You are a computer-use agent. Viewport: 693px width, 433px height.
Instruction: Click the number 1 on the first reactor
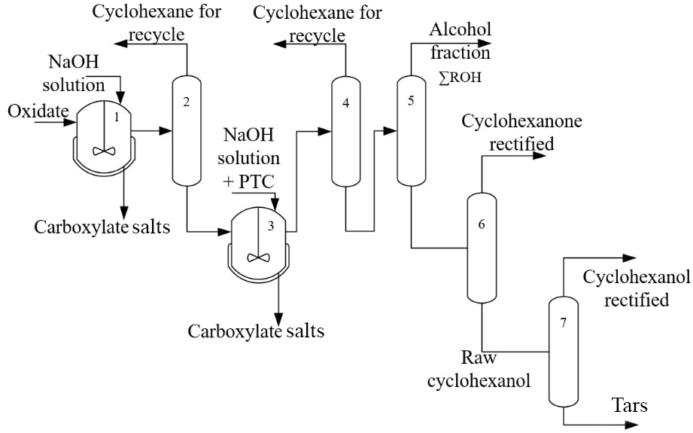pyautogui.click(x=117, y=117)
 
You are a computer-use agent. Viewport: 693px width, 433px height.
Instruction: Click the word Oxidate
pyautogui.click(x=38, y=112)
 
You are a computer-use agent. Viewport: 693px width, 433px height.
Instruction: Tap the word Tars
pyautogui.click(x=630, y=407)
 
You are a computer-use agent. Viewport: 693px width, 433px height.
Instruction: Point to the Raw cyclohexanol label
pyautogui.click(x=479, y=369)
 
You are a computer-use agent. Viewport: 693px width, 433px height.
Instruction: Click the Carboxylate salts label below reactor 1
pyautogui.click(x=102, y=227)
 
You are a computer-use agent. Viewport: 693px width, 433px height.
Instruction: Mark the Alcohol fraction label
pyautogui.click(x=460, y=41)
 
